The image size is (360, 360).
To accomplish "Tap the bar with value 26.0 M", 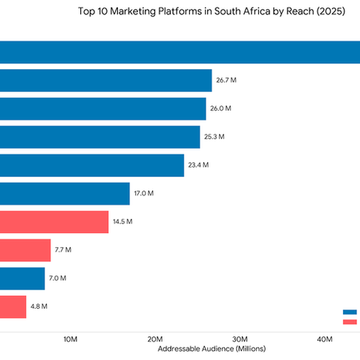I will pos(102,108).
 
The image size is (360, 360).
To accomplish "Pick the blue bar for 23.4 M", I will pos(91,166).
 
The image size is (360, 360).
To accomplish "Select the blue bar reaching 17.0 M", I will pos(65,194).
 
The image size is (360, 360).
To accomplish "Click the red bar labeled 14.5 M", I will pos(54,222).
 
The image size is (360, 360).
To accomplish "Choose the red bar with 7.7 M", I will pos(25,250).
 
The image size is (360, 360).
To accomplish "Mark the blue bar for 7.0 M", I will pos(22,278).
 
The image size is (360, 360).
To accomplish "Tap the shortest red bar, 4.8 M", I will pos(13,307).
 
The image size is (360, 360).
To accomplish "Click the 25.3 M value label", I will pos(215,137).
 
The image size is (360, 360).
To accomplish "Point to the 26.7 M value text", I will pos(226,80).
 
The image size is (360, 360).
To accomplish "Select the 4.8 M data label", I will pos(39,307).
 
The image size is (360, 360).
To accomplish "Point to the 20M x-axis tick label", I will pos(155,339).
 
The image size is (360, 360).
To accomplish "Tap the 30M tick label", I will pos(240,339).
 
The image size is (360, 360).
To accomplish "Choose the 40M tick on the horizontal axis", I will pos(324,339).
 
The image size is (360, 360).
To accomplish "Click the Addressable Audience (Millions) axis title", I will pos(212,349).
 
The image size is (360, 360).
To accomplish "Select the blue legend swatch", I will pos(350,312).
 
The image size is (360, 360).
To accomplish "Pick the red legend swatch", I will pos(350,321).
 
